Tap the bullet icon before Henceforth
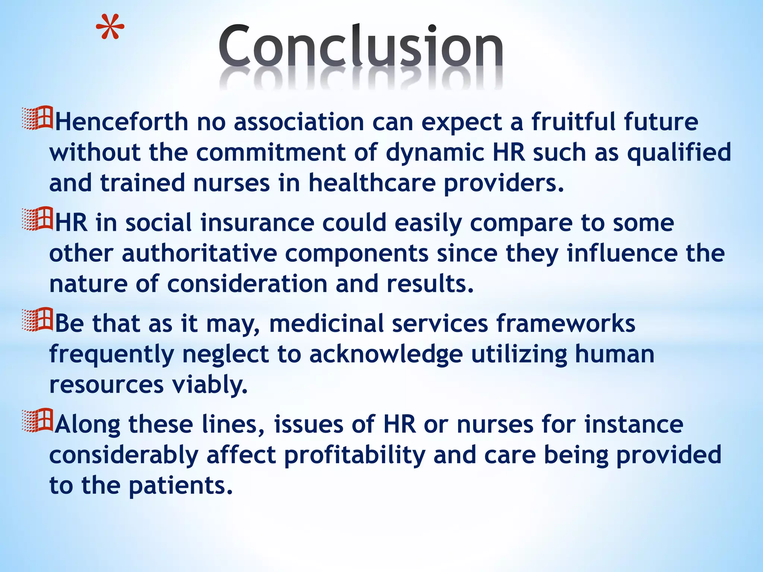point(38,118)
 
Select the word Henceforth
point(122,122)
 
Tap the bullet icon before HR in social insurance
point(38,219)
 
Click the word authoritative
point(199,254)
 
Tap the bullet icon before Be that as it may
point(38,320)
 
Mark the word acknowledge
point(386,354)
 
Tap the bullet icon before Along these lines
point(38,421)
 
